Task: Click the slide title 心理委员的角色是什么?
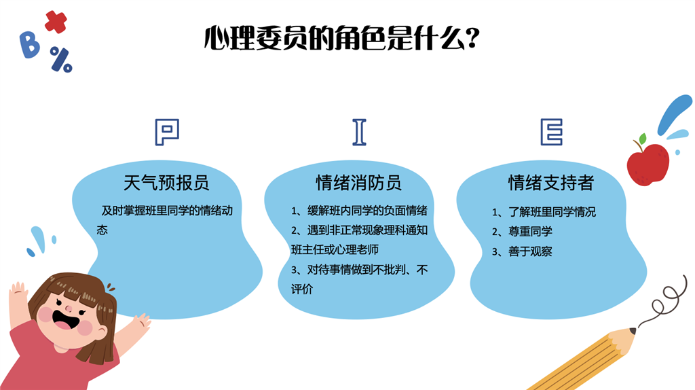click(342, 38)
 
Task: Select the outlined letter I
click(360, 132)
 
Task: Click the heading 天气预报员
click(166, 182)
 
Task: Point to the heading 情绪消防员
click(358, 182)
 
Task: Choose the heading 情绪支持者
click(551, 182)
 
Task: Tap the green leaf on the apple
click(642, 139)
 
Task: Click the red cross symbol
click(56, 22)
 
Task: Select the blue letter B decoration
click(29, 45)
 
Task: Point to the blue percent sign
click(61, 60)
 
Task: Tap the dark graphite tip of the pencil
click(633, 330)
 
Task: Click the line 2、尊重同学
click(522, 232)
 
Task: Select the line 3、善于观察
click(522, 251)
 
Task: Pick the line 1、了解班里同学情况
click(544, 212)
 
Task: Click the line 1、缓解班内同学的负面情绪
click(359, 211)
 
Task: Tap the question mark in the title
click(473, 38)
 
